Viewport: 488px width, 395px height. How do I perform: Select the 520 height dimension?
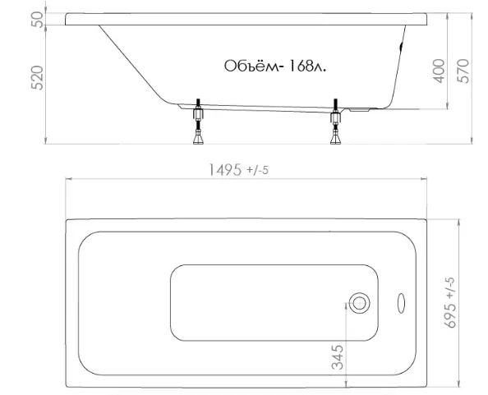pyautogui.click(x=37, y=78)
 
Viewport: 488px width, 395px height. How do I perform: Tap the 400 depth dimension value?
pyautogui.click(x=439, y=71)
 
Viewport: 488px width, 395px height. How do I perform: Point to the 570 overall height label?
pyautogui.click(x=463, y=71)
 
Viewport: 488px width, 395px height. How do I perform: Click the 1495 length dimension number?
pyautogui.click(x=224, y=170)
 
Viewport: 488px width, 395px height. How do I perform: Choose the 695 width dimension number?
pyautogui.click(x=450, y=315)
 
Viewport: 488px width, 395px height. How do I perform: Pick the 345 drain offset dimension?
pyautogui.click(x=338, y=357)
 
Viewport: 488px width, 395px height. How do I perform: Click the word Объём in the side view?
pyautogui.click(x=251, y=66)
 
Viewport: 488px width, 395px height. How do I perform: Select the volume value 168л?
pyautogui.click(x=307, y=66)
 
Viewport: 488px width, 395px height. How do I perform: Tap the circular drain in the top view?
pyautogui.click(x=359, y=303)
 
